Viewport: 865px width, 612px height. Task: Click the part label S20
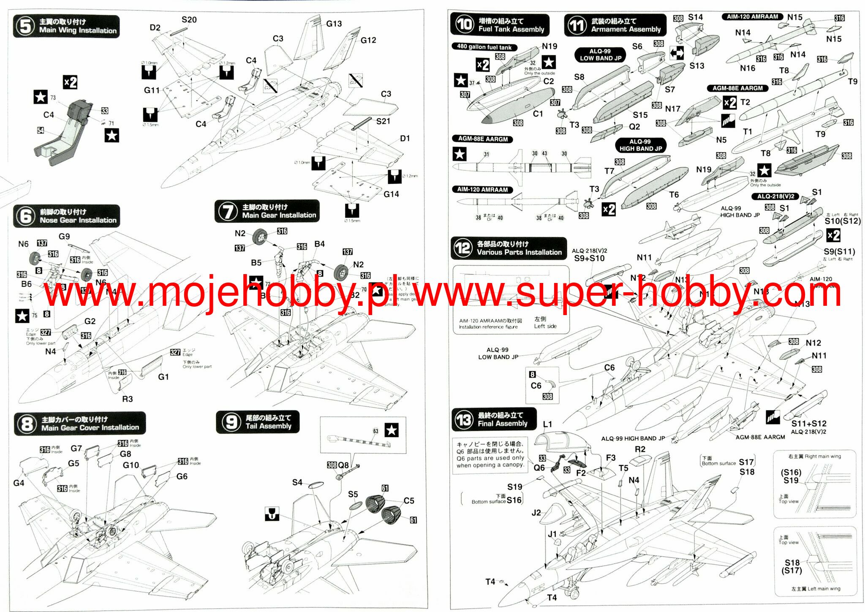[x=189, y=20]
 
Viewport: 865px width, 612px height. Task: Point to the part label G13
[x=334, y=24]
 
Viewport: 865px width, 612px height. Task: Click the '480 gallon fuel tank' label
[x=484, y=47]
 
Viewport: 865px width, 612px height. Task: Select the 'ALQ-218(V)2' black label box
[x=775, y=196]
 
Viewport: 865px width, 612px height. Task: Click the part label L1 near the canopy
[x=547, y=424]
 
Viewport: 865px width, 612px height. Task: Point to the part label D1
[x=405, y=139]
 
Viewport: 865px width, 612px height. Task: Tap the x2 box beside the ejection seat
[x=70, y=82]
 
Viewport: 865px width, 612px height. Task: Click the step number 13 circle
[x=464, y=419]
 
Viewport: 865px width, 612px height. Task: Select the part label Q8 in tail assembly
[x=343, y=465]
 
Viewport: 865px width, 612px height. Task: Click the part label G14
[x=391, y=194]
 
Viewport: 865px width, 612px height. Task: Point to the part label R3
[x=127, y=399]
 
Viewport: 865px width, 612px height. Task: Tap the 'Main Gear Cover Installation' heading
[x=90, y=427]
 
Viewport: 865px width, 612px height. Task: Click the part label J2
[x=536, y=513]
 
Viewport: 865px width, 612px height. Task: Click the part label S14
[x=695, y=17]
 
